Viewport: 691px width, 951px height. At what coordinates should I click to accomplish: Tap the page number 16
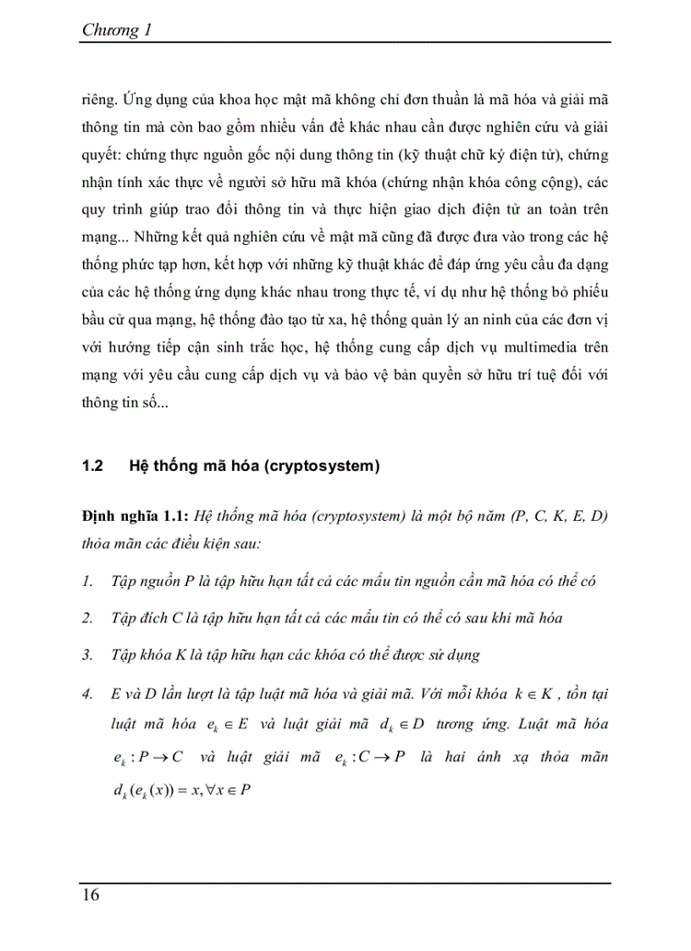pos(91,895)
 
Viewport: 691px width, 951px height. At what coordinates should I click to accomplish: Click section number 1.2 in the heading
pos(92,467)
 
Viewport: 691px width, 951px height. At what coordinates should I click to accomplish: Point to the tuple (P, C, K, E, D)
pos(559,517)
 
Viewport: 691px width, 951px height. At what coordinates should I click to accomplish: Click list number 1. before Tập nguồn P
pos(88,581)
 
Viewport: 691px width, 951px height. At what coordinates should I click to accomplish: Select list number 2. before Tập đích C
pos(88,617)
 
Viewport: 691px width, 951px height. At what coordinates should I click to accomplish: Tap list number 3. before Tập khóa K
pos(88,655)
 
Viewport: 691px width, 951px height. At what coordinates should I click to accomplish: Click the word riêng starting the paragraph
pos(97,98)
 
